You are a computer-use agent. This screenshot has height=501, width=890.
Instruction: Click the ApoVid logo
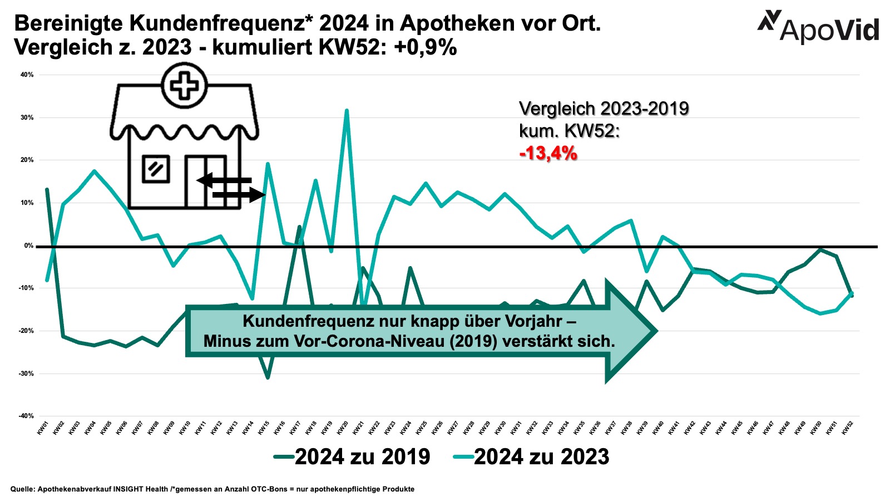pos(818,27)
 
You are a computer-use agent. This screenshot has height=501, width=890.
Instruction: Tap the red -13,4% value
pos(548,153)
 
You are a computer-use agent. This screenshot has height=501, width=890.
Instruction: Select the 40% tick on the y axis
pos(27,75)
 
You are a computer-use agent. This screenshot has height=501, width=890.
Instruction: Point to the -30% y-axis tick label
pos(27,374)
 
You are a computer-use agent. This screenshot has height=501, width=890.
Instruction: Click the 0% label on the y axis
pos(28,245)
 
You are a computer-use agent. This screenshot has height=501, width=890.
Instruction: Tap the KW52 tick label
pos(848,428)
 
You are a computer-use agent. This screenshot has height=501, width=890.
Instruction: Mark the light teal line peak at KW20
pos(347,111)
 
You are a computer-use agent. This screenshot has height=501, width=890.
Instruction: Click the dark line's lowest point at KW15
pos(268,378)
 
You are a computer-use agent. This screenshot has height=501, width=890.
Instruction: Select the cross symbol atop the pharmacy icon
pos(184,86)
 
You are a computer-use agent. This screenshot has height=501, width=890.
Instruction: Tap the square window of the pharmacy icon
pos(156,169)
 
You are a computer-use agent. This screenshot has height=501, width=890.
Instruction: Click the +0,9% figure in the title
pos(426,48)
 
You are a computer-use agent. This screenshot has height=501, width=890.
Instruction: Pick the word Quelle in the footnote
pos(22,489)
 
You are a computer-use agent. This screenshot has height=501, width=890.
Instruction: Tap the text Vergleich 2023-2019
pos(604,109)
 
